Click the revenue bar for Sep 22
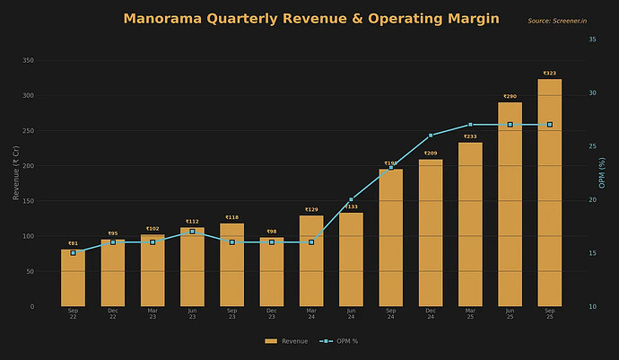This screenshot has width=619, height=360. click(73, 278)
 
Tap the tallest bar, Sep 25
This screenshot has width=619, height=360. click(550, 193)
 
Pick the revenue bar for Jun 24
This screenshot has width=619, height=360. click(351, 259)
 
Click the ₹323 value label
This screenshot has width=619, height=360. click(550, 74)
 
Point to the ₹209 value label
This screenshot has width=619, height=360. click(431, 154)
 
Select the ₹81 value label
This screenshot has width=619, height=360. click(73, 243)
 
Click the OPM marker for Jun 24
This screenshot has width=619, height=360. click(351, 199)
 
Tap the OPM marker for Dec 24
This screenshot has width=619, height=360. click(431, 136)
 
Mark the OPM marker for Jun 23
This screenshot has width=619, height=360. click(192, 232)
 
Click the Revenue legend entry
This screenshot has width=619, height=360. click(286, 341)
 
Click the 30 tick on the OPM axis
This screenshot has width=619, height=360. click(590, 92)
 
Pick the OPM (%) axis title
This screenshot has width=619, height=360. click(602, 172)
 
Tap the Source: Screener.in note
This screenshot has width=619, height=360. click(557, 21)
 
